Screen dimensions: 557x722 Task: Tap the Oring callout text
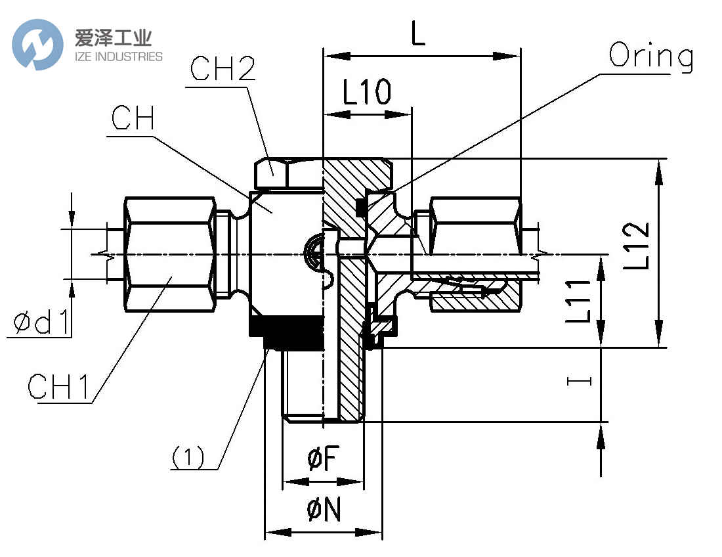650,57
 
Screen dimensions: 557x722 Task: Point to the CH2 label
223,69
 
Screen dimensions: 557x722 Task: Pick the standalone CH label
133,120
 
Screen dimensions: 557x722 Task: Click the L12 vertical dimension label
637,246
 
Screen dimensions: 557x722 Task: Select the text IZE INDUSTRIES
113,56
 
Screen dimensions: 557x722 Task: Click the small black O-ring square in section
360,208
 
